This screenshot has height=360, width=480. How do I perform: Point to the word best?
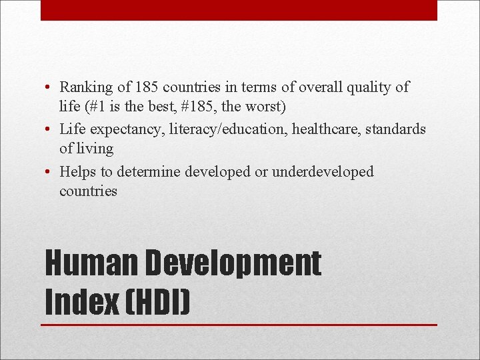183,106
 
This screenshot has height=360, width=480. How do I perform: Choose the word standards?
398,129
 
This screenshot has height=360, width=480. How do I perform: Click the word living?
95,149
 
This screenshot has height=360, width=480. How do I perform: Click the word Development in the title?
233,265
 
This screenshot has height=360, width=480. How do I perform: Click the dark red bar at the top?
239,10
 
